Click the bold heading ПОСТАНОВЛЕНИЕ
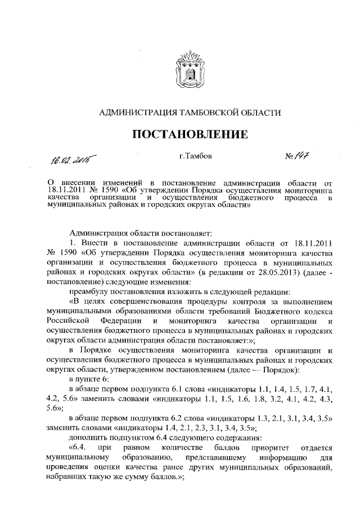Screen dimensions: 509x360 (x=190, y=135)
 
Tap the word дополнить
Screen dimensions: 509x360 (x=87, y=438)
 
